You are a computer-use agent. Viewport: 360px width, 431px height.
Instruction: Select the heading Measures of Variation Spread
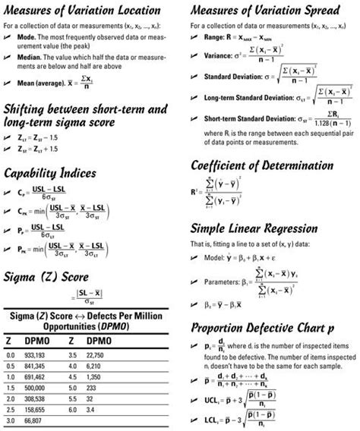[269, 11]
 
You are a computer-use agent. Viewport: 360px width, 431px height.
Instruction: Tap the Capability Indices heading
[55, 173]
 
